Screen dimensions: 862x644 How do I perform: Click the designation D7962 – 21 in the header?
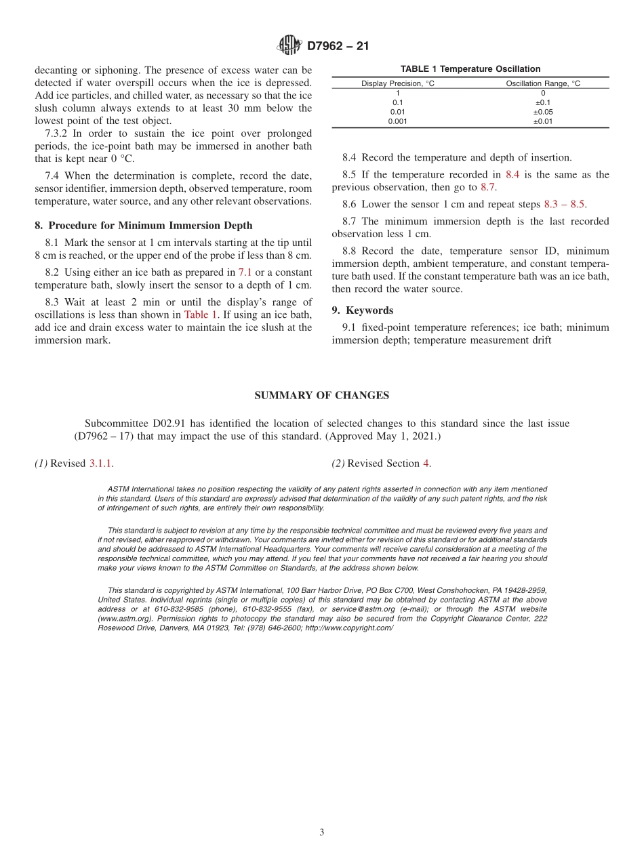[x=338, y=47]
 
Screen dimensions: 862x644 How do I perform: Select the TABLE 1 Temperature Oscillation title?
[x=470, y=69]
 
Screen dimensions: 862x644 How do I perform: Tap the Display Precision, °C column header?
[x=398, y=83]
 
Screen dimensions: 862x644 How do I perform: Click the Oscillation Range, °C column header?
[x=543, y=83]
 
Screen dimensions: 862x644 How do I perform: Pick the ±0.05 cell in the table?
[x=543, y=112]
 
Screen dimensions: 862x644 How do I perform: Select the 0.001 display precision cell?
[x=398, y=121]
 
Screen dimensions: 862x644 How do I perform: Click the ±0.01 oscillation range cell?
[x=543, y=121]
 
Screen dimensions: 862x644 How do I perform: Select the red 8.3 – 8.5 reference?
[x=565, y=204]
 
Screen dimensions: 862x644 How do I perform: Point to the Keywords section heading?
[x=369, y=310]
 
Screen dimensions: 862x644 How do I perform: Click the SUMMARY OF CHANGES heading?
[x=321, y=395]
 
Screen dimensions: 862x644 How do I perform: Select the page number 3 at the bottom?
[x=322, y=833]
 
